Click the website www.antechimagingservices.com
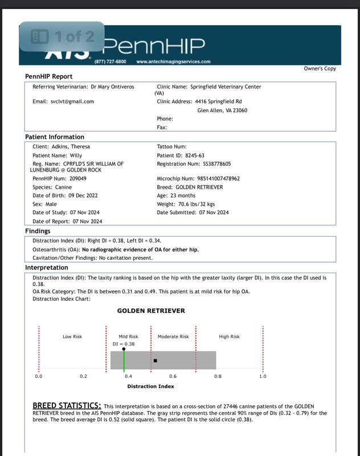tap(173, 62)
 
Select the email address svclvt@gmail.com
tap(72, 101)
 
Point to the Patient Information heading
tap(55, 137)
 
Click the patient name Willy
tap(76, 155)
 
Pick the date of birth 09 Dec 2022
tap(77, 196)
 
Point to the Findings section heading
tap(38, 231)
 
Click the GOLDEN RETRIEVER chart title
tap(151, 311)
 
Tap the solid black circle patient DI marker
tap(124, 349)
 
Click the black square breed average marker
tap(155, 360)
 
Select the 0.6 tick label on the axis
tap(173, 377)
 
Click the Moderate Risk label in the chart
tap(173, 337)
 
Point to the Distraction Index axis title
tap(150, 386)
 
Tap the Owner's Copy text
tap(320, 69)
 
